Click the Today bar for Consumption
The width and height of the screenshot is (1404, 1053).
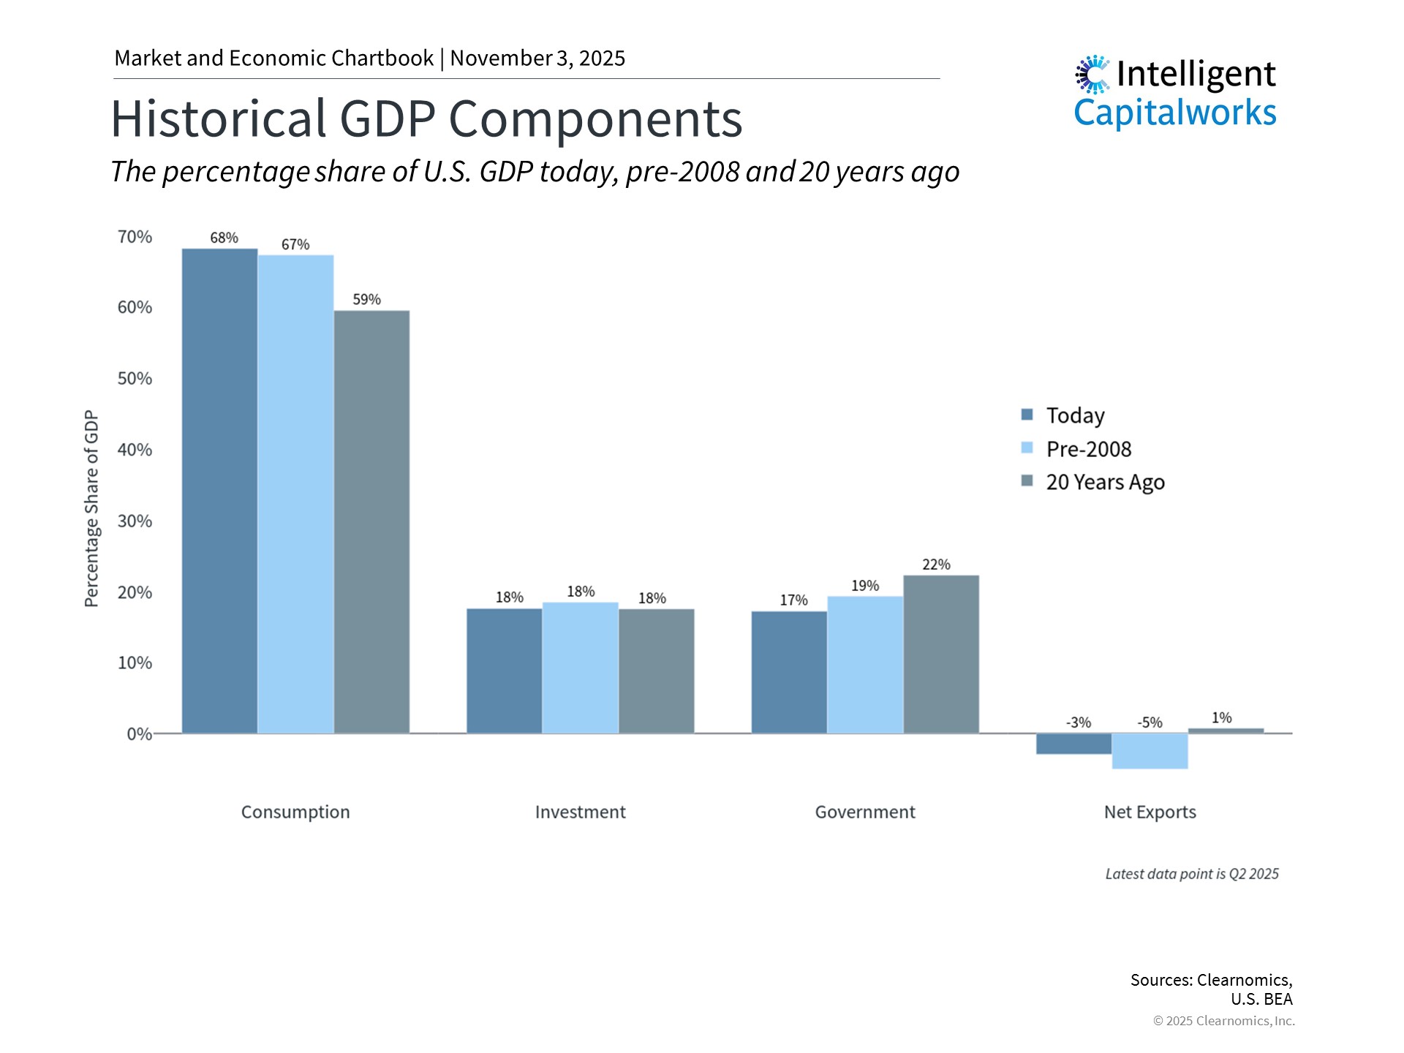(x=219, y=490)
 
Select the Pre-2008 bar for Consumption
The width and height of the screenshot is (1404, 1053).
(x=295, y=494)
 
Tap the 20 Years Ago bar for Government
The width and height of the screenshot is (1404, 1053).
(x=941, y=654)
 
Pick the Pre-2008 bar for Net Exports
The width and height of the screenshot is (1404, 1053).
(x=1150, y=751)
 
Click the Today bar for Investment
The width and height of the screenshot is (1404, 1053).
(x=504, y=671)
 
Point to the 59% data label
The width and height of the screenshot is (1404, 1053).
(x=366, y=300)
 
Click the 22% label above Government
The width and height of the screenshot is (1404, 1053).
(x=936, y=565)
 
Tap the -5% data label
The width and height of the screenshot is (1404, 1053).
(x=1150, y=722)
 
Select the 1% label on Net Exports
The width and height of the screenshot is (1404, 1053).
(x=1221, y=718)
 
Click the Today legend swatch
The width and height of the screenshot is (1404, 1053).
(x=1027, y=415)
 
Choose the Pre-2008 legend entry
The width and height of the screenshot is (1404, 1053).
(x=1088, y=449)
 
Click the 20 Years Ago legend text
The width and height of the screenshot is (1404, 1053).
(x=1105, y=483)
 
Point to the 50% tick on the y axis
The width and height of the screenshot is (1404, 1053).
(x=135, y=379)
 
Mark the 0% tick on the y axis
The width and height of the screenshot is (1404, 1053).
(x=139, y=734)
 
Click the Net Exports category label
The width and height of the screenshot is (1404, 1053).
(x=1150, y=812)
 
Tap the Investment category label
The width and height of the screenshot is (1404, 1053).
(x=580, y=812)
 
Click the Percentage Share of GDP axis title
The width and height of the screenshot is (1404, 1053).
(x=91, y=508)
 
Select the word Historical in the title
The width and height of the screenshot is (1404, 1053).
(x=218, y=118)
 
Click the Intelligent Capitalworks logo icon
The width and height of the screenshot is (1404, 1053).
(x=1092, y=75)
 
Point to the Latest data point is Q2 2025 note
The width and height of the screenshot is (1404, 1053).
(x=1191, y=874)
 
